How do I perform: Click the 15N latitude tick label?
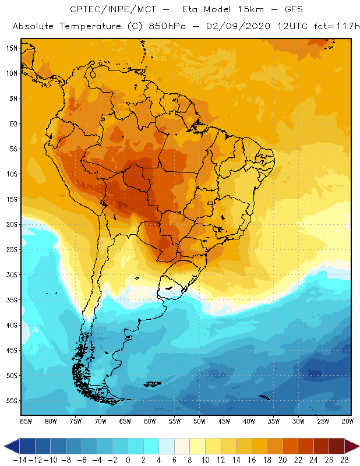[12, 48]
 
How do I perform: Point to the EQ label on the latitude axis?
[13, 123]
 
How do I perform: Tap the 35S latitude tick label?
[12, 300]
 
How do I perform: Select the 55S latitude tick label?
[12, 401]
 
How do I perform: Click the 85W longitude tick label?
[26, 421]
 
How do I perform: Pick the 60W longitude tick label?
[150, 421]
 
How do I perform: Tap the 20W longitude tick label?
[347, 421]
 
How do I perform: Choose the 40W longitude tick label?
[249, 421]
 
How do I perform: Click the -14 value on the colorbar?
[20, 460]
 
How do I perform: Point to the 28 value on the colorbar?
[344, 460]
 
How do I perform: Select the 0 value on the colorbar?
[128, 460]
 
